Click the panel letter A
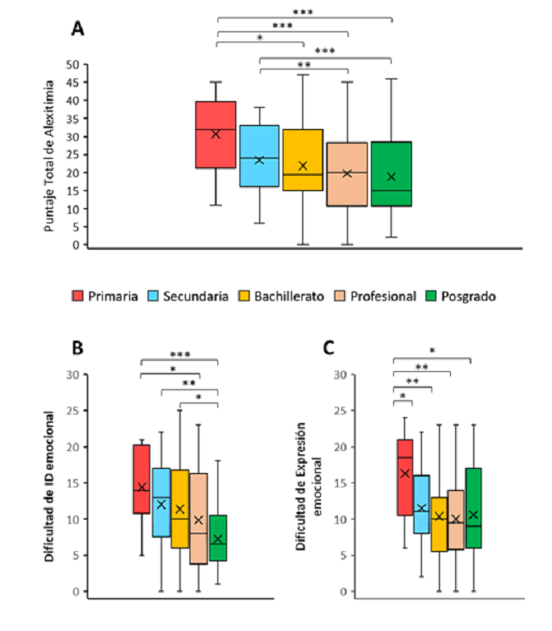[77, 28]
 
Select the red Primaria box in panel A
[216, 134]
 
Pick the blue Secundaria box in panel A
[259, 155]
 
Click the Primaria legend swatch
[78, 296]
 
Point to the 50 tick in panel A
[76, 65]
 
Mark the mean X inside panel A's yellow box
[303, 166]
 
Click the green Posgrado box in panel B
[218, 538]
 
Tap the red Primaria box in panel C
[404, 477]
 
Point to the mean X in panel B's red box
[142, 487]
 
